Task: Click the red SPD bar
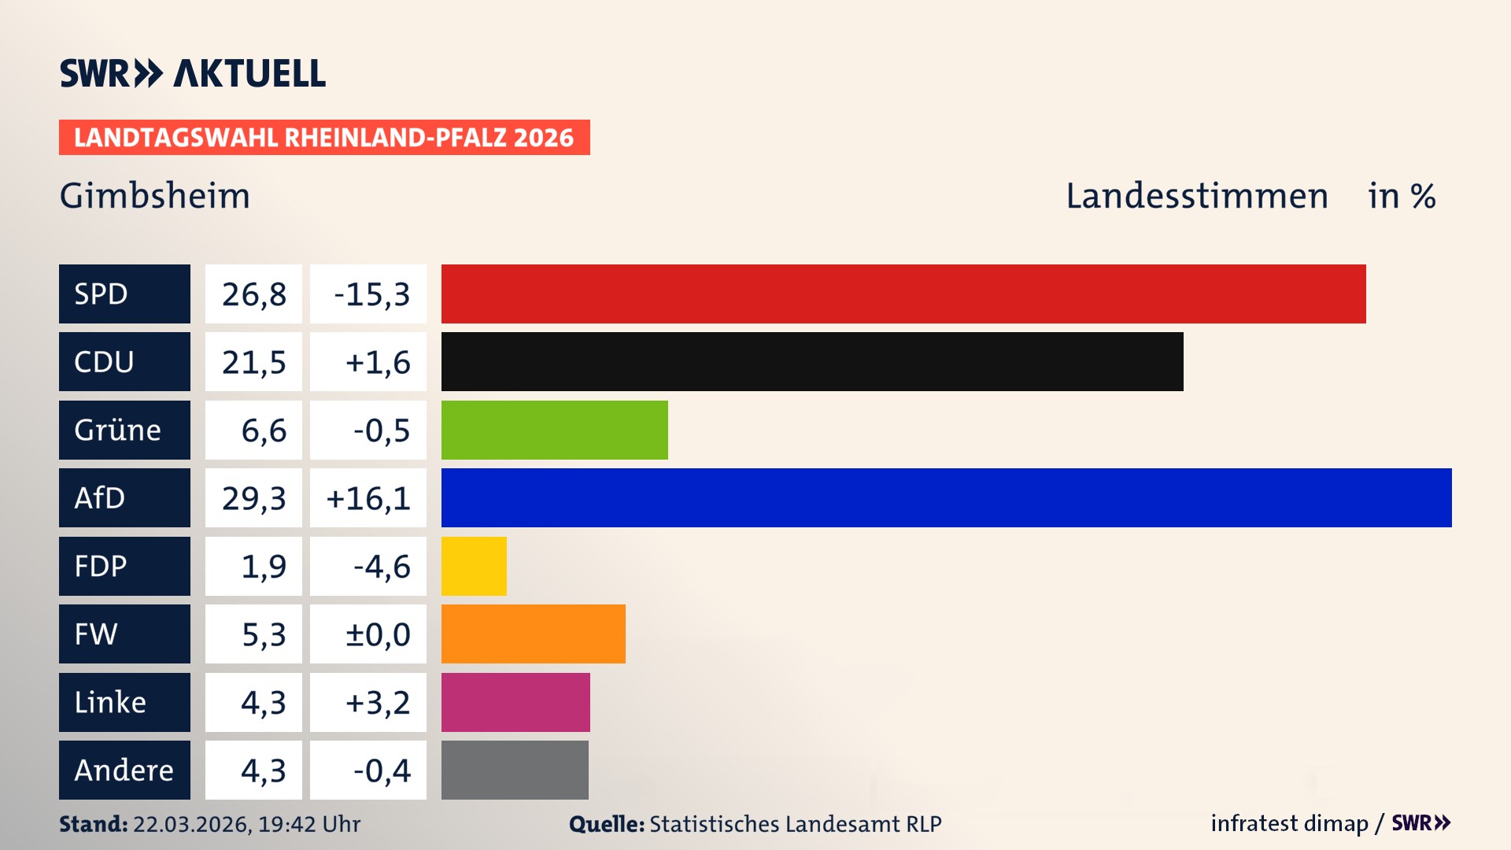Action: pyautogui.click(x=903, y=294)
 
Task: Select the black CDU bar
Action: pyautogui.click(x=811, y=361)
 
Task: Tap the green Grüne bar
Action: pyautogui.click(x=554, y=430)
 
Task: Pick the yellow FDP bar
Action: pyautogui.click(x=474, y=566)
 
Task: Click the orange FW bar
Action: pyautogui.click(x=533, y=634)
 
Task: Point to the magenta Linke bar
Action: pyautogui.click(x=515, y=702)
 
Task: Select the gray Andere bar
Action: pyautogui.click(x=515, y=770)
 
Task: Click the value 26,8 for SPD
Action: pyautogui.click(x=253, y=294)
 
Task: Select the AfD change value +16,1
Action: pyautogui.click(x=368, y=498)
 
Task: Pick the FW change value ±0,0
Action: pyautogui.click(x=378, y=634)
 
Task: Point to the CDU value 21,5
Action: pyautogui.click(x=253, y=362)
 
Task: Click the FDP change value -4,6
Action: pyautogui.click(x=381, y=567)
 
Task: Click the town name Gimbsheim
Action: pyautogui.click(x=155, y=196)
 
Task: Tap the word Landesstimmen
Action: pyautogui.click(x=1196, y=196)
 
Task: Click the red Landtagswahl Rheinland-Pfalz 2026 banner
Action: pyautogui.click(x=324, y=138)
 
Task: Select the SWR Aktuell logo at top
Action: pyautogui.click(x=193, y=73)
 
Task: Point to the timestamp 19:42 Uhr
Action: pyautogui.click(x=308, y=824)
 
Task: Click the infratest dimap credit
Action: pyautogui.click(x=1288, y=823)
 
